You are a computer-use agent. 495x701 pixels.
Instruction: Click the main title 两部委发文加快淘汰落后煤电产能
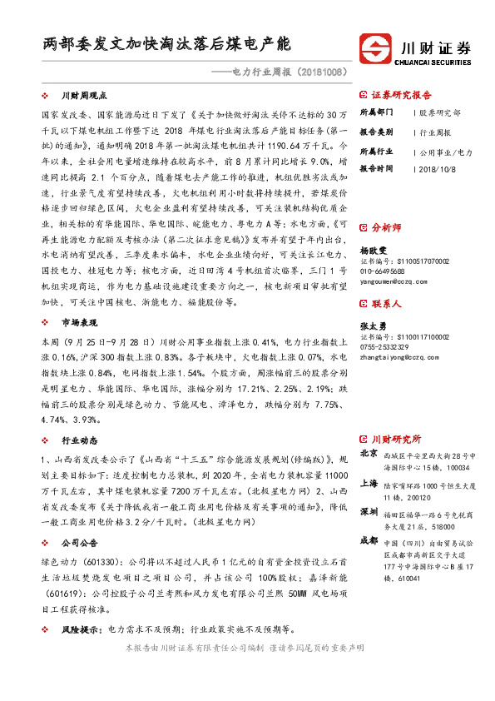tap(166, 43)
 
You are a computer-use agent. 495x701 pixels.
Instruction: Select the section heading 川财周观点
tap(82, 97)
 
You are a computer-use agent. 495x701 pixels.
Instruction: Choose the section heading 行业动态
tap(80, 440)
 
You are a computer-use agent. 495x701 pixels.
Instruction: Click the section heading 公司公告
tap(80, 543)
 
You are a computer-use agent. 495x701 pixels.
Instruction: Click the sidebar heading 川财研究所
tap(395, 439)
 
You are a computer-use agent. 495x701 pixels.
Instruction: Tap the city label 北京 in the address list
tap(369, 454)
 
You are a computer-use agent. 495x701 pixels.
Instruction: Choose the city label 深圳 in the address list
tap(369, 510)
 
